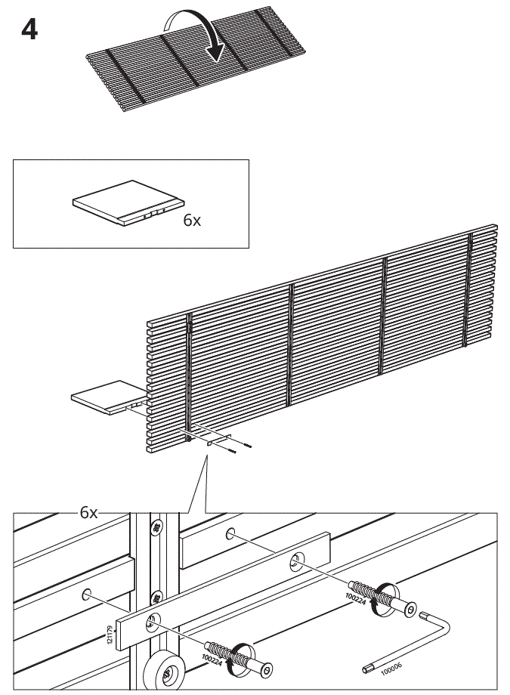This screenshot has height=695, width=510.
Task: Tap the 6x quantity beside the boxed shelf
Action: [x=192, y=221]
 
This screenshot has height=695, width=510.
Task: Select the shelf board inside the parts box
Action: [x=127, y=202]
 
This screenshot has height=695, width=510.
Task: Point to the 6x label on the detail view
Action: [x=89, y=513]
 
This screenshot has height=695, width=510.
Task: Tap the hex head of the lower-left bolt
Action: [x=266, y=669]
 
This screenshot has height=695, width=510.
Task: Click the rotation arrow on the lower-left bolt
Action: [x=242, y=655]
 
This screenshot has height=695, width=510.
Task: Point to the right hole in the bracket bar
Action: [x=295, y=561]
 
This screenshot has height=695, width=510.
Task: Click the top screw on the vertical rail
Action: [x=157, y=527]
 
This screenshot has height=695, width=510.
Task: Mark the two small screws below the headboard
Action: [x=240, y=449]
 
